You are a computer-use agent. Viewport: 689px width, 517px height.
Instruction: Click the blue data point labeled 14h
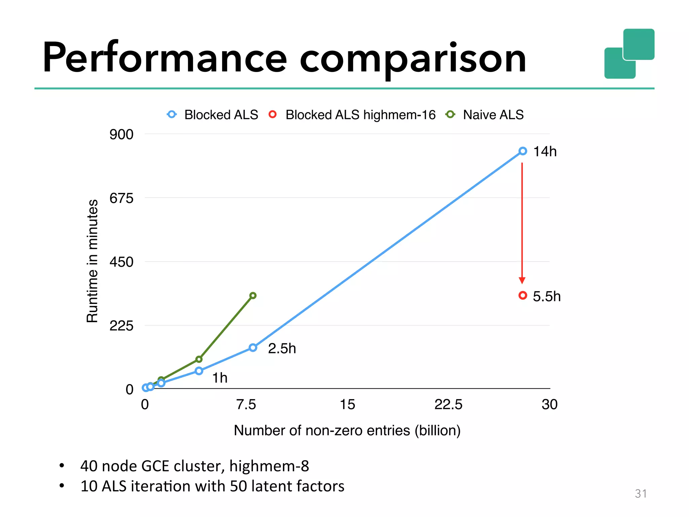click(522, 151)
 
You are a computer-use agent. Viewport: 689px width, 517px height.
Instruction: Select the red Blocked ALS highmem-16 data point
click(522, 296)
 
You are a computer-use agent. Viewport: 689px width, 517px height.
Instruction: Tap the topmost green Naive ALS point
click(253, 296)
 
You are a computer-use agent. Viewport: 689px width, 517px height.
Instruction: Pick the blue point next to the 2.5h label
click(253, 348)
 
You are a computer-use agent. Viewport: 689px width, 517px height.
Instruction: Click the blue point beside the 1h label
click(199, 371)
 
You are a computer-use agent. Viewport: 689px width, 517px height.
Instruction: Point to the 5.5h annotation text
click(547, 297)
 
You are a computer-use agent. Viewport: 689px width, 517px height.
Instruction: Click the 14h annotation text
click(545, 151)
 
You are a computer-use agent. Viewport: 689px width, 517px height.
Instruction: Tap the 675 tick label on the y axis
click(121, 198)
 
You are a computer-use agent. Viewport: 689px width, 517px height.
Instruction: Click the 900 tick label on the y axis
click(121, 134)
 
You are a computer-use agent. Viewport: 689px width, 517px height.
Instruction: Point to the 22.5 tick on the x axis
click(448, 404)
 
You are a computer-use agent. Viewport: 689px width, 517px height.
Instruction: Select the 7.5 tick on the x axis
click(246, 404)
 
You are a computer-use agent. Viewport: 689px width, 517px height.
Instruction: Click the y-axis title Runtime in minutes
click(92, 261)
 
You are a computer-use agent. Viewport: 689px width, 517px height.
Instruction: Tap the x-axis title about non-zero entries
click(347, 430)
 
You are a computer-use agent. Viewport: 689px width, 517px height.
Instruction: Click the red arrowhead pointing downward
click(522, 280)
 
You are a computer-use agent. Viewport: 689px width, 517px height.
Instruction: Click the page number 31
click(641, 493)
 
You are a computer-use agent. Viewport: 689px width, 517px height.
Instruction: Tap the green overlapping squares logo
click(629, 54)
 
